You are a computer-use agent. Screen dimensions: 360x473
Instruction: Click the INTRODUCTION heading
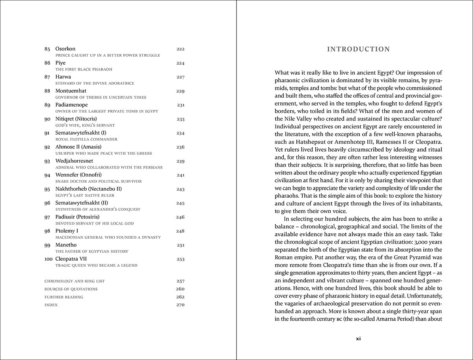(x=358, y=49)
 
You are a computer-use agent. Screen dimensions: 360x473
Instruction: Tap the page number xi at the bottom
(x=358, y=338)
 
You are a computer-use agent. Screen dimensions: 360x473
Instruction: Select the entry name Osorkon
(x=65, y=49)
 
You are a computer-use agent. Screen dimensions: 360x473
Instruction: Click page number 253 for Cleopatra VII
(x=180, y=259)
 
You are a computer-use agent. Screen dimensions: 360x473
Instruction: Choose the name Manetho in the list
(x=66, y=245)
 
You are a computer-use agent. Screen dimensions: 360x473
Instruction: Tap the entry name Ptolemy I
(x=67, y=231)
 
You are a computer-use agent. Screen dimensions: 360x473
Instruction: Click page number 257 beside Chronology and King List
(x=180, y=281)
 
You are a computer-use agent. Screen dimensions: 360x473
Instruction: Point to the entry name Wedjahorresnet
(x=74, y=161)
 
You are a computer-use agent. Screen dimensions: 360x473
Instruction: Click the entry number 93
(x=47, y=161)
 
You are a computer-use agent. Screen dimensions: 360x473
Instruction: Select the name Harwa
(x=63, y=77)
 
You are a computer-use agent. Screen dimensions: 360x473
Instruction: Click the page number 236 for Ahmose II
(x=180, y=147)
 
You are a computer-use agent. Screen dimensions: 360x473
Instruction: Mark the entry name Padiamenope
(x=71, y=105)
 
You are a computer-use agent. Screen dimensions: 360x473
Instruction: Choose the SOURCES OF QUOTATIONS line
(x=71, y=289)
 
